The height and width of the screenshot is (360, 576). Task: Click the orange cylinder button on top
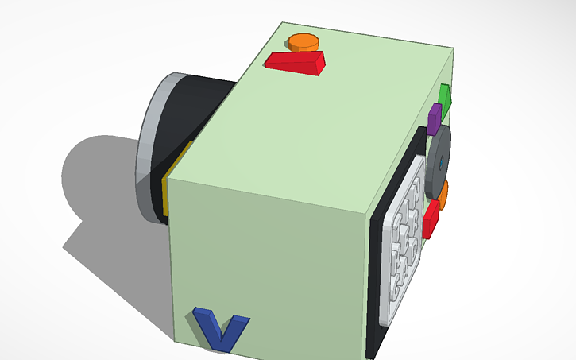click(x=303, y=41)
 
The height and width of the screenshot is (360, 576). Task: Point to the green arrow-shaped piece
click(x=445, y=99)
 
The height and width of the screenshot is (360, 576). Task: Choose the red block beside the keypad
click(x=431, y=219)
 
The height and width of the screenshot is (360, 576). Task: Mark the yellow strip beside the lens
click(x=168, y=191)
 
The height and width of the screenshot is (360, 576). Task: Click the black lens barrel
click(x=191, y=111)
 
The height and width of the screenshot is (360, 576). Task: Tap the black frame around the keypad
click(x=377, y=278)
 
